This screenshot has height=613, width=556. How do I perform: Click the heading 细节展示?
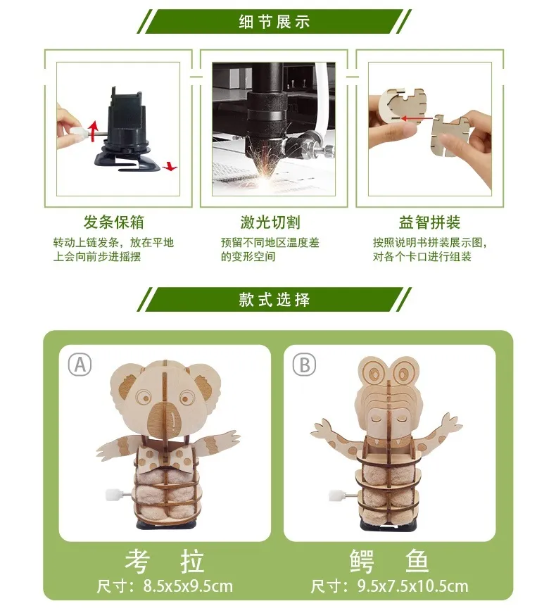(x=274, y=21)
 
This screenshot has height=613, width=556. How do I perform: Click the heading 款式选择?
(x=274, y=299)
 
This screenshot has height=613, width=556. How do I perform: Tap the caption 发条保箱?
(x=114, y=223)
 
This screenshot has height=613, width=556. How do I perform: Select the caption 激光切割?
(x=270, y=223)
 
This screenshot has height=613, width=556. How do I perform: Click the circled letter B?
(x=305, y=365)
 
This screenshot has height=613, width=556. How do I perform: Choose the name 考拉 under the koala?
(x=165, y=561)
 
